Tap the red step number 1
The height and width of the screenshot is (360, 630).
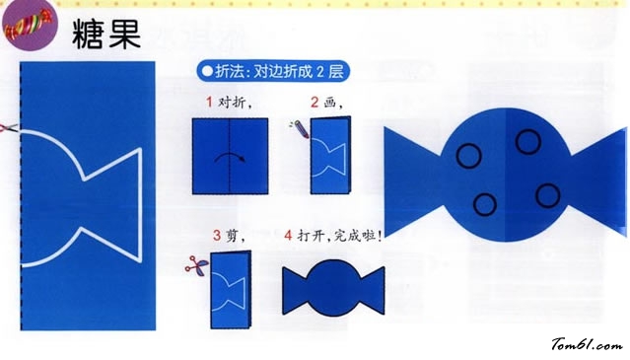(x=209, y=102)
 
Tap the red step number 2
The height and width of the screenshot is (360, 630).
(x=315, y=102)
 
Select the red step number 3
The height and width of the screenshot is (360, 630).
(x=216, y=236)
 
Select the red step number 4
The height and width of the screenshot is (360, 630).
(x=288, y=236)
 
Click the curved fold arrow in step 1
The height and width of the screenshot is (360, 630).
(x=230, y=158)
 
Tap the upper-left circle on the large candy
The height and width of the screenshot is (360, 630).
(x=469, y=155)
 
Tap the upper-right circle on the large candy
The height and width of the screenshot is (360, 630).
(x=527, y=142)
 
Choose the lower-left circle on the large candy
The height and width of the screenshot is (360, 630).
(x=484, y=203)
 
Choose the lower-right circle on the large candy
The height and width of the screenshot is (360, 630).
(x=546, y=196)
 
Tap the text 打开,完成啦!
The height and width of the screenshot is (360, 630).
(x=339, y=236)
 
